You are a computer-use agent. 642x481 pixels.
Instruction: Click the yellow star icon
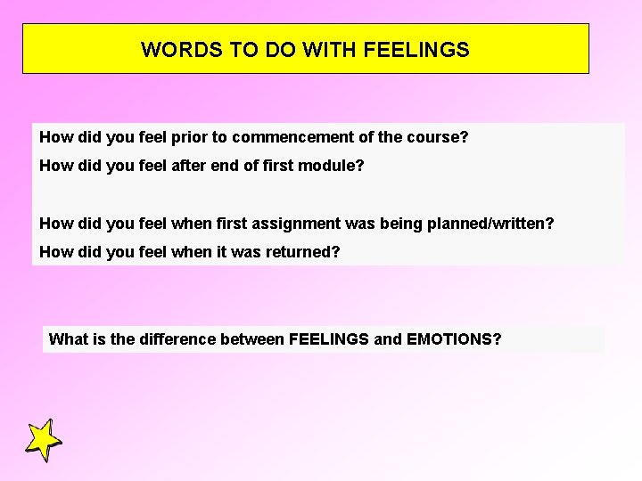(x=43, y=440)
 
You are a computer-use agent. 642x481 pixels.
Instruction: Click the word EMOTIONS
(x=454, y=339)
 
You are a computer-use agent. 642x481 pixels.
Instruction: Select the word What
(x=67, y=339)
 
